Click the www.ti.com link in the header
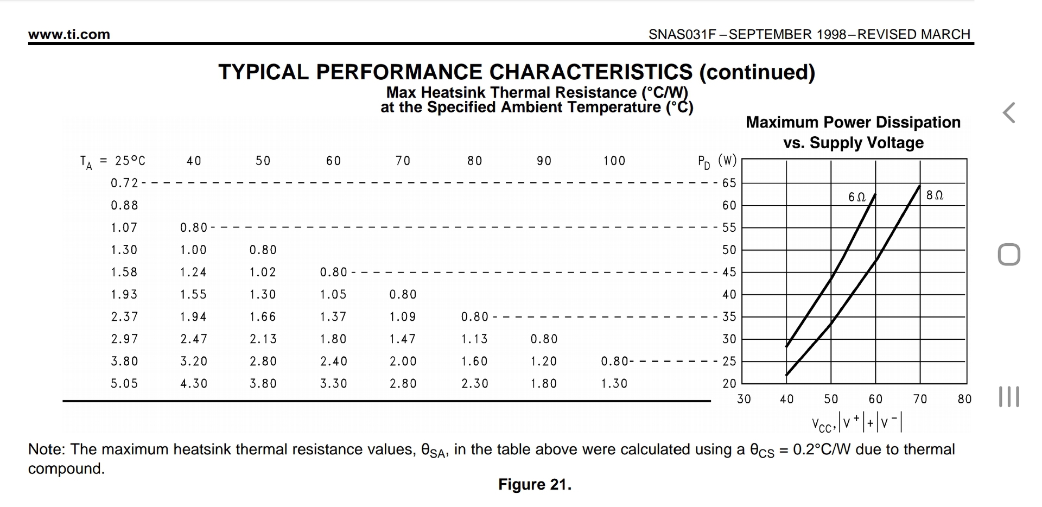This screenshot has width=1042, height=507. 69,35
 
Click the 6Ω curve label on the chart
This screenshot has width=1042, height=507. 857,197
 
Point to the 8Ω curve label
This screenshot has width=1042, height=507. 935,195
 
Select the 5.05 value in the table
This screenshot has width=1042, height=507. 124,384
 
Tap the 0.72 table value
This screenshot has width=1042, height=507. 124,183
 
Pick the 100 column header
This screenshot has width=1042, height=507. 614,161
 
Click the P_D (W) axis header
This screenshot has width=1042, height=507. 717,161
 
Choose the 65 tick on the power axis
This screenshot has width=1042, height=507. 729,183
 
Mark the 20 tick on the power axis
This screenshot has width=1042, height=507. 729,384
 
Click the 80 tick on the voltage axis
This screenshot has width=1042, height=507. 964,400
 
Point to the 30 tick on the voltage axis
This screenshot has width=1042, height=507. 744,400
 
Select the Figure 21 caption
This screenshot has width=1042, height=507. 535,484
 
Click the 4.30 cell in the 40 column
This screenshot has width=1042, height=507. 194,384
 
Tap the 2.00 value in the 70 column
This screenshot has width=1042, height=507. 403,362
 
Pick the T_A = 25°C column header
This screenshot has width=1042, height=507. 113,161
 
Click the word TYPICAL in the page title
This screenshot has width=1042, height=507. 263,72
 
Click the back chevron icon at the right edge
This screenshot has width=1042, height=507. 1009,113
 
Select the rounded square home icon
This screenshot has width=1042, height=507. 1009,255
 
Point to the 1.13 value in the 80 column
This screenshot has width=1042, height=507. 474,339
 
